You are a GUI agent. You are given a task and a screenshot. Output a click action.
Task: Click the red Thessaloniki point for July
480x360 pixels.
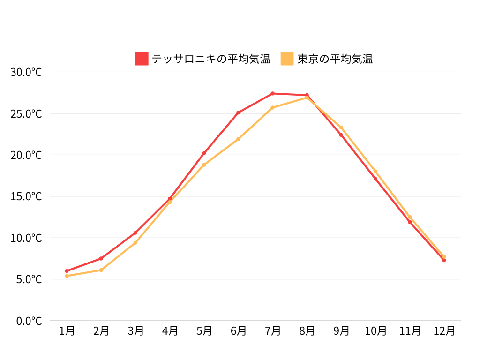[x=272, y=93]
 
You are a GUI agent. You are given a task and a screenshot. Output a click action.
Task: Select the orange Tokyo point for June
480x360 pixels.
[x=238, y=139]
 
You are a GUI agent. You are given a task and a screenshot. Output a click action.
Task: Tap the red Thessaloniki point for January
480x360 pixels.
[x=67, y=271]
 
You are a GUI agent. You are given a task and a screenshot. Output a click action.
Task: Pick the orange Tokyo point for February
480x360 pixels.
[x=101, y=270]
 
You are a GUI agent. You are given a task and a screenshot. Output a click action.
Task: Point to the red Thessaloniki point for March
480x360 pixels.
[x=135, y=232]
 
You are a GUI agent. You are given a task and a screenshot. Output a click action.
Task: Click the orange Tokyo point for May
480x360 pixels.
[x=204, y=165]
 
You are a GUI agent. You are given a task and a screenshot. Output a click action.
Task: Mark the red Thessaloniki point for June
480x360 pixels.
[x=238, y=112]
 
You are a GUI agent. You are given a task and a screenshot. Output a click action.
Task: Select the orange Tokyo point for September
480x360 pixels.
[x=341, y=127]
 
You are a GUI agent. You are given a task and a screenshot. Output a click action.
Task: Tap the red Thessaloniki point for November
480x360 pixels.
[x=410, y=222]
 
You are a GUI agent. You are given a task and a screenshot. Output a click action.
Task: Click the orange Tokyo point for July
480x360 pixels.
[x=272, y=107]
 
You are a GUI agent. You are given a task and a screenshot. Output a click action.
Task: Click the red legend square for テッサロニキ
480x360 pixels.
[x=142, y=59]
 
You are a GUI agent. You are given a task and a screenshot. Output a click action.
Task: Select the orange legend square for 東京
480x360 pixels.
[x=287, y=59]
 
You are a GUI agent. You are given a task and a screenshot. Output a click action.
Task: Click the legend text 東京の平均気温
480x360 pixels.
[x=335, y=59]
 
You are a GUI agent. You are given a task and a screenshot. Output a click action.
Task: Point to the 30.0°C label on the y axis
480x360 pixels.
[x=26, y=72]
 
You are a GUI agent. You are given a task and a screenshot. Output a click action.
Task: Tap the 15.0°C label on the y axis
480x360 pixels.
[x=26, y=196]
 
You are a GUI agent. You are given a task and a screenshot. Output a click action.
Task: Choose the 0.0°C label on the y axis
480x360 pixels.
[x=29, y=321]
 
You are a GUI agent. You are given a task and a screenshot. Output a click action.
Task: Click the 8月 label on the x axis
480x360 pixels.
[x=307, y=331]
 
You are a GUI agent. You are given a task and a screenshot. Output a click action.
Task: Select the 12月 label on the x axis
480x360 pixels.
[x=444, y=331]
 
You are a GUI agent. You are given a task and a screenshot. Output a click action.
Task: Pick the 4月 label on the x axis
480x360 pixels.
[x=170, y=331]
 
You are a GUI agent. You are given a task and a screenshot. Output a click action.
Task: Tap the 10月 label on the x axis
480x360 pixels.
[x=375, y=331]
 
